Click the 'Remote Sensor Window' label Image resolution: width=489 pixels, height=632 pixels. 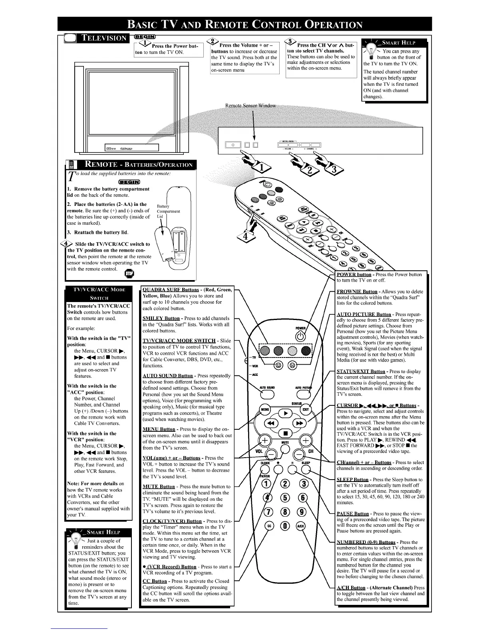[x=250, y=105]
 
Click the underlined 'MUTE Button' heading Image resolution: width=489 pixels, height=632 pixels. [x=159, y=486]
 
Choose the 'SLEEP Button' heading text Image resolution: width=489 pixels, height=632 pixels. [x=353, y=480]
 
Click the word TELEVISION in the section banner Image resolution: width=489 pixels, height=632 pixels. [x=103, y=38]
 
